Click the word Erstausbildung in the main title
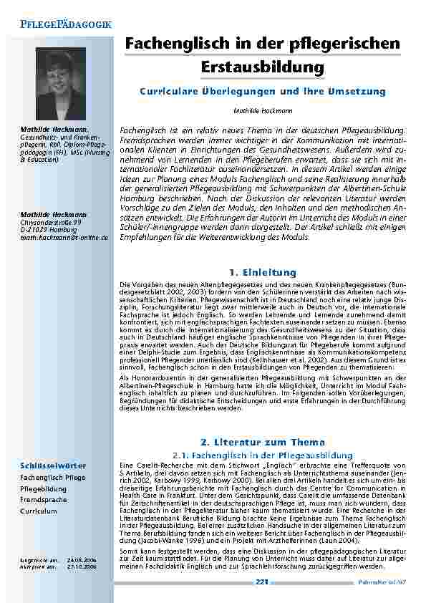click(263, 68)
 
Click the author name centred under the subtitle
click(263, 112)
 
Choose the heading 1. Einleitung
click(263, 273)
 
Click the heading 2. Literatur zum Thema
click(263, 442)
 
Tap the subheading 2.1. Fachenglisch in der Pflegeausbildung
click(263, 455)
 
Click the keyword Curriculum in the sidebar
click(39, 511)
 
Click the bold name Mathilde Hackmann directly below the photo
click(53, 128)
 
